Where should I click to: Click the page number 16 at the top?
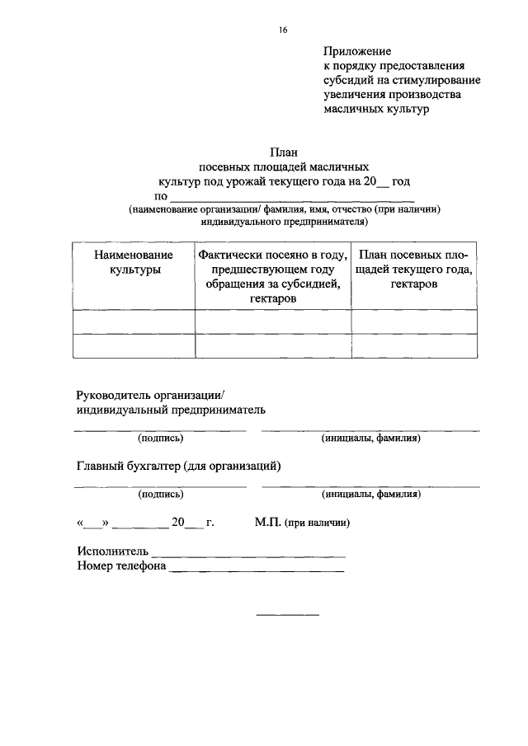[x=282, y=30]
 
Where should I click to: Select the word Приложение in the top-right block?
[x=356, y=51]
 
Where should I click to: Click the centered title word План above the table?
[x=283, y=152]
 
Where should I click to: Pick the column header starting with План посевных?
[x=414, y=269]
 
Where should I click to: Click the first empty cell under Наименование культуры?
[x=134, y=321]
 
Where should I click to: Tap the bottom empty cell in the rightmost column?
[x=414, y=345]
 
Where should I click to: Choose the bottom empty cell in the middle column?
[x=273, y=345]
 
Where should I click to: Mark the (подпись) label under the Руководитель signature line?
[x=161, y=438]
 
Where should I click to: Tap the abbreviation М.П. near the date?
[x=268, y=523]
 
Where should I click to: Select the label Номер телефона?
[x=121, y=566]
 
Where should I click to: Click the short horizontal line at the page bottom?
[x=287, y=614]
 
